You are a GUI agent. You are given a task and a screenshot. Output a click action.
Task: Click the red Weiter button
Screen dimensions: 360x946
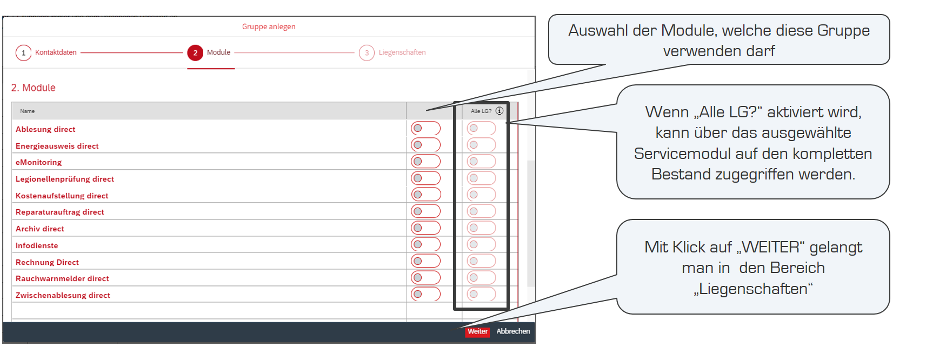pos(477,331)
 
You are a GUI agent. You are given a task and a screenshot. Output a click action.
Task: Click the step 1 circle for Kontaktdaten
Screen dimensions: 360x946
pos(23,53)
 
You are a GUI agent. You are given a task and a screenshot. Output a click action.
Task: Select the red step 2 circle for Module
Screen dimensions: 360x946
pos(195,53)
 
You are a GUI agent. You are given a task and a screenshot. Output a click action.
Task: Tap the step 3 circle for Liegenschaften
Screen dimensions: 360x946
pos(367,53)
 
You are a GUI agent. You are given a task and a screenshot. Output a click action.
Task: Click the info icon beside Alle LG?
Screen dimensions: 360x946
pos(499,111)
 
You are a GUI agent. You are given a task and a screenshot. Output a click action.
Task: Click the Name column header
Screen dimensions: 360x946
pos(28,111)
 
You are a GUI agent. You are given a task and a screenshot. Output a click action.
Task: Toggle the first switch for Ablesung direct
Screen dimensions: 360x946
pos(425,129)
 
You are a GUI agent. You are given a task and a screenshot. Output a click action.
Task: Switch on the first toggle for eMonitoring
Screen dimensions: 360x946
pos(425,162)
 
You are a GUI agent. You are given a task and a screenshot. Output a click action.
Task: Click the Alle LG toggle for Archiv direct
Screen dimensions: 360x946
pos(481,228)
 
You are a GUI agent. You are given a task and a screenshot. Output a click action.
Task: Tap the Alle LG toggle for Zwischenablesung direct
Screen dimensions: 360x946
pos(481,294)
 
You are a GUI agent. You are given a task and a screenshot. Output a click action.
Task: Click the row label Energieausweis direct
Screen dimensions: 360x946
pos(57,146)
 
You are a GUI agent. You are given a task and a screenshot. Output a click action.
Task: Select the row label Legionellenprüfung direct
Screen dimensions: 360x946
pos(65,179)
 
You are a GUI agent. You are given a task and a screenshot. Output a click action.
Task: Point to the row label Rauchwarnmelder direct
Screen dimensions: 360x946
pos(62,278)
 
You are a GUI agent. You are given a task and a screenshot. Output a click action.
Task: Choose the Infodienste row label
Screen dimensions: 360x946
pos(37,245)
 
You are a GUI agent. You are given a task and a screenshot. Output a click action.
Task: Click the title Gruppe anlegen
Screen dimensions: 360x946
pos(269,26)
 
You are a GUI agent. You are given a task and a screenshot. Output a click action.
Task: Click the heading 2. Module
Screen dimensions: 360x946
pos(34,88)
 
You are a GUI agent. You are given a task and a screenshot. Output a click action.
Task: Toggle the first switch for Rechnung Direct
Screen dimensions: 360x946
pos(425,261)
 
